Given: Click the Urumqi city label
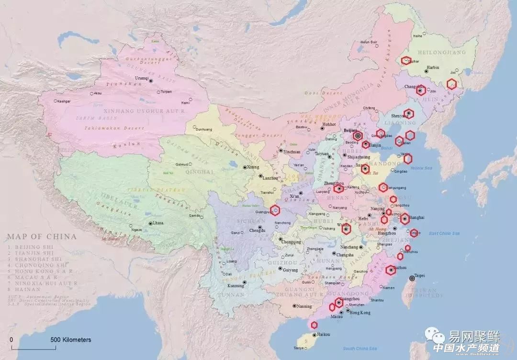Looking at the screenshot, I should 141,77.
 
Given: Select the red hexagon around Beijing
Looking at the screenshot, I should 357,136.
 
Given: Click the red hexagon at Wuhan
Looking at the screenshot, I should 346,229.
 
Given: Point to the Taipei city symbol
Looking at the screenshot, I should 412,279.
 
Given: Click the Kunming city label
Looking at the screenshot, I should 235,286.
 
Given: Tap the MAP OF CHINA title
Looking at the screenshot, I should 42,236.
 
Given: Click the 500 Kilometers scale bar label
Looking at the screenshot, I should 71,340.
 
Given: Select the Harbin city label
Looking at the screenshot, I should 433,67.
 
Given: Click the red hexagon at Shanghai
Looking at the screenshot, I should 405,219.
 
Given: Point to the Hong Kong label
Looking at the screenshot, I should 360,313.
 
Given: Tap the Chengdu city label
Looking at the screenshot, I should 258,230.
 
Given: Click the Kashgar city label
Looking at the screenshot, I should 63,101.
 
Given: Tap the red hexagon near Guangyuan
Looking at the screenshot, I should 274,209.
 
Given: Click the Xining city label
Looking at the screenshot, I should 252,167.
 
